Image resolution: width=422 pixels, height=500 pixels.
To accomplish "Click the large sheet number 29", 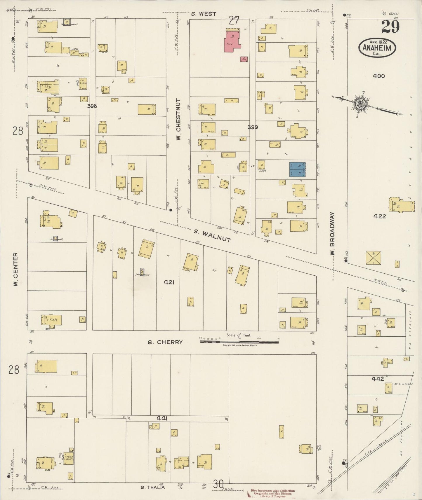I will pos(390,27).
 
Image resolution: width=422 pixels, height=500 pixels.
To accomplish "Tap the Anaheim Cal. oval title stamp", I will pos(377,47).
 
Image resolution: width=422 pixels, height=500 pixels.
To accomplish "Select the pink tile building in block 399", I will pos(232,41).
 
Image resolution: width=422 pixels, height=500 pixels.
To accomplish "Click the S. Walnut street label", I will pos(212,236).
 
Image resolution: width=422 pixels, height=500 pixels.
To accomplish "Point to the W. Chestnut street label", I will pos(178,119).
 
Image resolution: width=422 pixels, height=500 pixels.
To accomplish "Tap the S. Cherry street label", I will pos(165,342).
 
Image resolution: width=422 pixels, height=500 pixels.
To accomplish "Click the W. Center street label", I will pos(16,269).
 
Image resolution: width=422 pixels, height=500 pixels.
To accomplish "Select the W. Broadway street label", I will pos(332,234).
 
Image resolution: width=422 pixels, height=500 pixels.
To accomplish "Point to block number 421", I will pos(169,282).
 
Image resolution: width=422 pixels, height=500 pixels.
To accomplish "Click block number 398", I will pos(92,106).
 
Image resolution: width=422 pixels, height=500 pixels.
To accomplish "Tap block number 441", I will pos(162,418).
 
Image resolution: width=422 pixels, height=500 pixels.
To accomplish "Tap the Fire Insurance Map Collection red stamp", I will pos(272,493).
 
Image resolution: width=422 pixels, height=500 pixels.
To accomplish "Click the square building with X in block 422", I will pos(373,258).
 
